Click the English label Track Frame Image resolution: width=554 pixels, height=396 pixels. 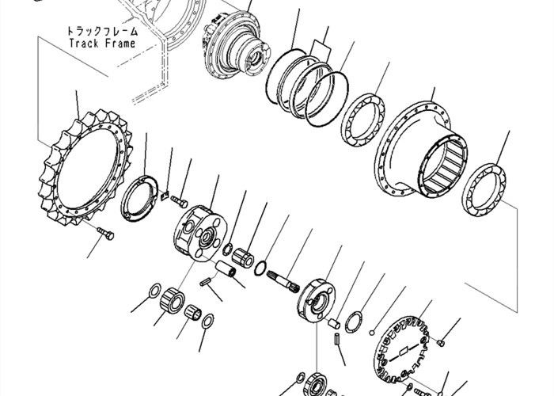tap(102, 44)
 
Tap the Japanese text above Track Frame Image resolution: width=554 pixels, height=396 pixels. tap(102, 31)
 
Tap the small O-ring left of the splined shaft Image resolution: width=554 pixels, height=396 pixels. tap(260, 268)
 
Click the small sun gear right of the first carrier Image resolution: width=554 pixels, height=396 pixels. tap(242, 257)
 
